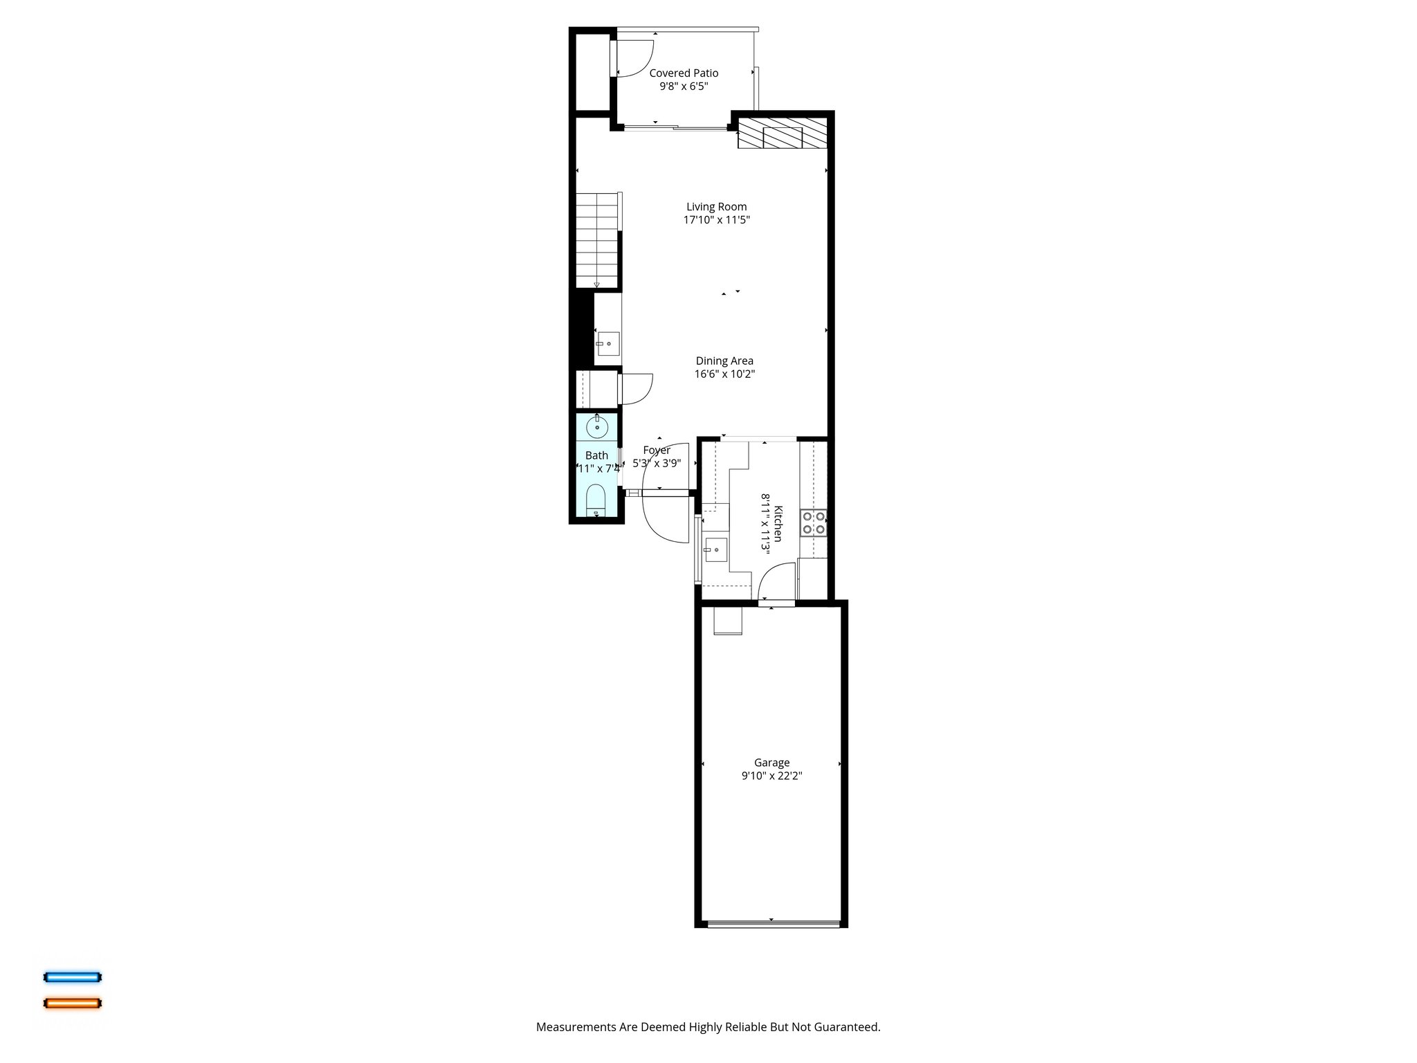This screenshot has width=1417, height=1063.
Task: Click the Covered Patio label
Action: (x=684, y=73)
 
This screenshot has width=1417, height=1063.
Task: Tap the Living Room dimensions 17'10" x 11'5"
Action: (x=716, y=220)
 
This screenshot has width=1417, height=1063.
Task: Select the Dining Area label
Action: (x=724, y=361)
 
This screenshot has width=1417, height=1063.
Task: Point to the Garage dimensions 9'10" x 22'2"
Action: (x=771, y=776)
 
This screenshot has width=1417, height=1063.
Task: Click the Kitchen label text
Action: (x=778, y=524)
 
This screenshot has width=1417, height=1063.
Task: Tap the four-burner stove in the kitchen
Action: (x=814, y=523)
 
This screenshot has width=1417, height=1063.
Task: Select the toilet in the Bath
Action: (x=596, y=500)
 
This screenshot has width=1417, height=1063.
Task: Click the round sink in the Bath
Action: (x=596, y=427)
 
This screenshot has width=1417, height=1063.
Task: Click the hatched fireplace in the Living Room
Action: (x=782, y=137)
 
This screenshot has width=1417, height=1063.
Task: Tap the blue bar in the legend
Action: (x=73, y=977)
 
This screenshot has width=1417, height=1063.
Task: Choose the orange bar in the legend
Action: (x=73, y=1003)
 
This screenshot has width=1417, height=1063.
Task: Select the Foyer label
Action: (x=656, y=451)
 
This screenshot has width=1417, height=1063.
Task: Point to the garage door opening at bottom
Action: (x=772, y=923)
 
